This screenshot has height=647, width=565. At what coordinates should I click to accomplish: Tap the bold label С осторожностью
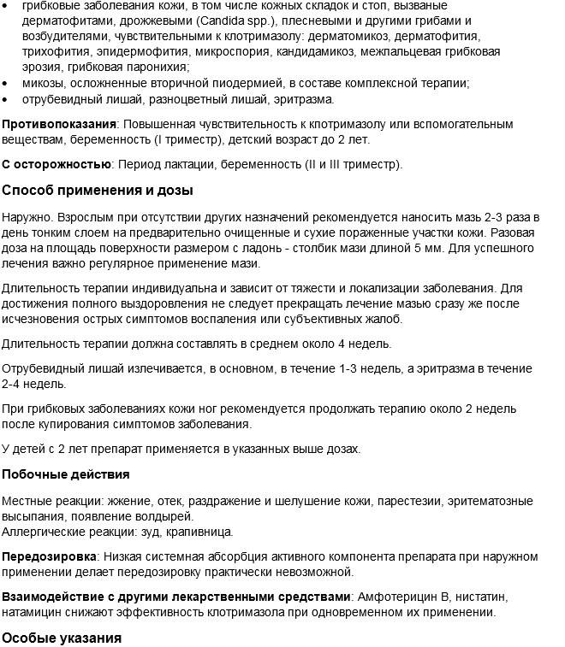point(56,164)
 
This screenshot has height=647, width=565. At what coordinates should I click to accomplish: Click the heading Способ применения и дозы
point(97,190)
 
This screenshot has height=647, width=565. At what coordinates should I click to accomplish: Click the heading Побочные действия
point(66,474)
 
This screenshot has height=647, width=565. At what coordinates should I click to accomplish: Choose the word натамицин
point(35,612)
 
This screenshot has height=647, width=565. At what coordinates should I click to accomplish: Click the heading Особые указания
point(61,638)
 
